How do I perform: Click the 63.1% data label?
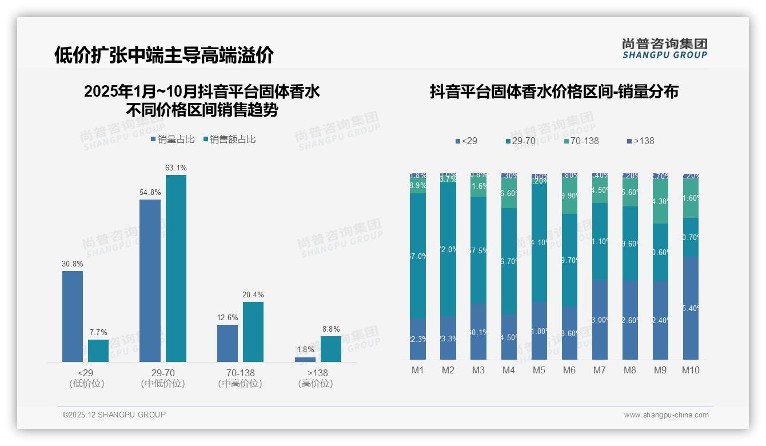click(x=176, y=168)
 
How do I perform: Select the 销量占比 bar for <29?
click(x=73, y=316)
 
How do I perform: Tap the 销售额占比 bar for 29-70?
click(x=176, y=268)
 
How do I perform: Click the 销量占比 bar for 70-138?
click(x=228, y=343)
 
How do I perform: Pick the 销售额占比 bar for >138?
click(x=331, y=349)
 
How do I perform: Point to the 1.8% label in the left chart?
click(x=305, y=350)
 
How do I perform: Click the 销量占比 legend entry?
click(x=173, y=140)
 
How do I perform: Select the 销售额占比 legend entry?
click(x=230, y=140)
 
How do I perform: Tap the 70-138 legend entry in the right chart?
click(x=581, y=141)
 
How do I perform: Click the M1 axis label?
click(x=418, y=371)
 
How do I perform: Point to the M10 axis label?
click(x=691, y=371)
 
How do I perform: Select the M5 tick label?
click(x=539, y=371)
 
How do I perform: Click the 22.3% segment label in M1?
click(x=418, y=339)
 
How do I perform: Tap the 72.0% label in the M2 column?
click(x=448, y=249)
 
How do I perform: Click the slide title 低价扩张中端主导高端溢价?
click(x=164, y=55)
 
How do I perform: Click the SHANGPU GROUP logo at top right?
click(x=665, y=49)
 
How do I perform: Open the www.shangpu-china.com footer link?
click(x=666, y=415)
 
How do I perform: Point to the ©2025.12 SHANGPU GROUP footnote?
click(x=114, y=415)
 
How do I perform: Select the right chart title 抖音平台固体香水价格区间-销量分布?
click(x=554, y=92)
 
